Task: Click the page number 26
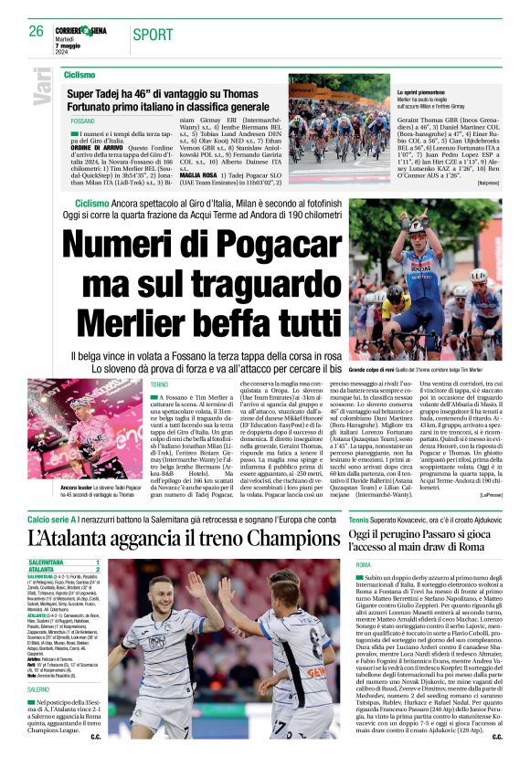37,31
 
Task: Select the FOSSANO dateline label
83,121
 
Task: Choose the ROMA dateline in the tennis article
363,566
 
